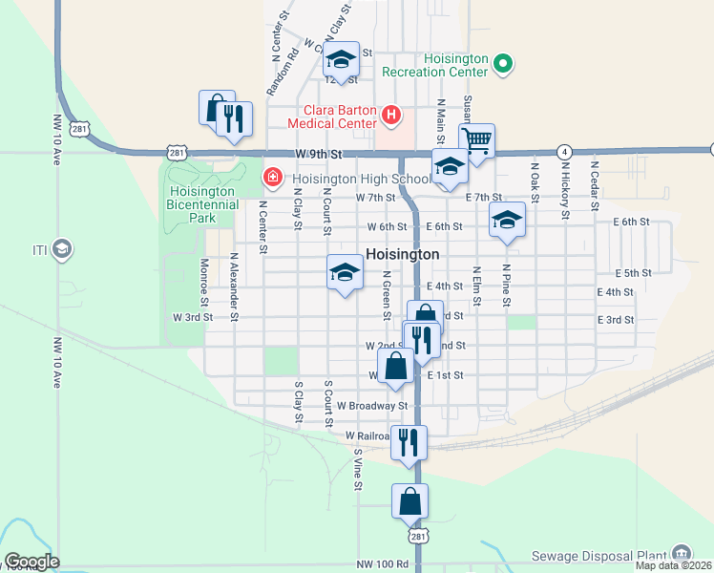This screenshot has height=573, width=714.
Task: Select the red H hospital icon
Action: point(390,116)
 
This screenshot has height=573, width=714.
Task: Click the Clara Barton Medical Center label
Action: point(340,116)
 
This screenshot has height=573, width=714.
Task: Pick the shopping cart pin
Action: point(476,141)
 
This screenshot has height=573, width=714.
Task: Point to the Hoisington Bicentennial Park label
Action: point(202,204)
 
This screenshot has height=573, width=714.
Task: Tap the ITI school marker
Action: point(63,250)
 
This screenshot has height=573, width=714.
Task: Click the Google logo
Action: point(31,562)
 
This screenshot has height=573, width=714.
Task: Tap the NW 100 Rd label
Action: point(383,564)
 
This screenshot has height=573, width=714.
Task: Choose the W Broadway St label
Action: point(364,406)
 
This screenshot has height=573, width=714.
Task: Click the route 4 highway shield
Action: point(565,152)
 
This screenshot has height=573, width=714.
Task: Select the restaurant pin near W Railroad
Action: point(409,442)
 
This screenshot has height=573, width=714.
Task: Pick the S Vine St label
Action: point(358,469)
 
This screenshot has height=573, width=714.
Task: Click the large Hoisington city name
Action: point(403,255)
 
